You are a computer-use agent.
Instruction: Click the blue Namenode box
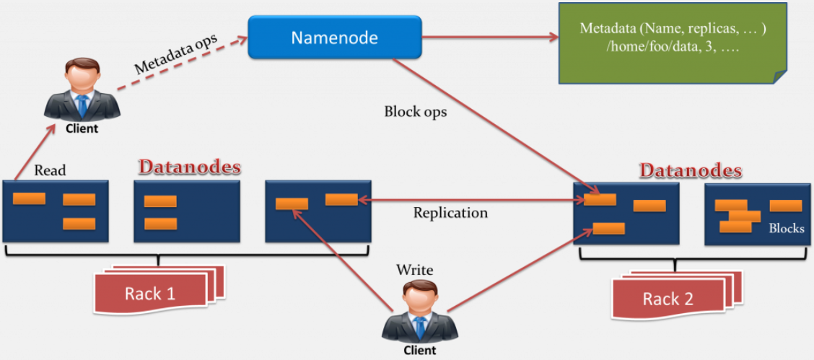tap(334, 38)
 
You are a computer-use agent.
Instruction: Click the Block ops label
tap(416, 112)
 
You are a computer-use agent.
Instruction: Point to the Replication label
tap(450, 213)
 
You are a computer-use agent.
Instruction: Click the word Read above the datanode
tap(50, 170)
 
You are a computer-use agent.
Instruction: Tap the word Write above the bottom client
tap(415, 270)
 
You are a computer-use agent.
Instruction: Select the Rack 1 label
tap(150, 293)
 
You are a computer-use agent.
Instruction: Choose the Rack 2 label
tap(668, 298)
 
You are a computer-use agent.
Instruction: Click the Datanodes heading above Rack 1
tap(189, 167)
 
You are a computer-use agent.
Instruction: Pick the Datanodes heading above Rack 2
tap(691, 171)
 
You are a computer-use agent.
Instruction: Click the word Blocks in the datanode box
tap(786, 229)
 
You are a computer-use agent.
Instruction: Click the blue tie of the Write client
tap(420, 329)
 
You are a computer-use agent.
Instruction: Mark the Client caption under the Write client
tap(420, 351)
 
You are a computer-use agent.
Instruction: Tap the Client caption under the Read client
tap(82, 129)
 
